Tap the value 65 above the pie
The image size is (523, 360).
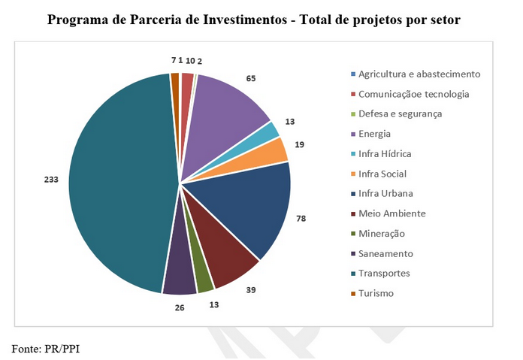point(251,77)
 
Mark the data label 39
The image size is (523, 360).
point(251,289)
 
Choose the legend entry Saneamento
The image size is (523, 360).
point(385,253)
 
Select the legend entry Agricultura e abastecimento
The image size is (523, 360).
point(419,74)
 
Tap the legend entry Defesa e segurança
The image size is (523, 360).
point(400,113)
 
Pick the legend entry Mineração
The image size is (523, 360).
point(382,234)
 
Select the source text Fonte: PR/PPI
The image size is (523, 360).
point(45,348)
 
